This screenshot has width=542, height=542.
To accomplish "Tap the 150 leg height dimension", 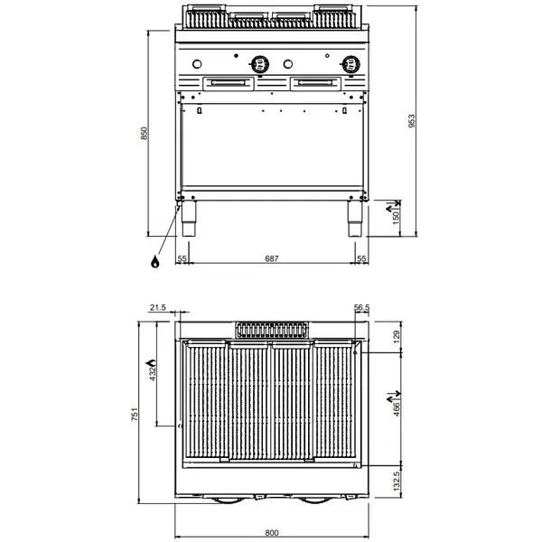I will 395,216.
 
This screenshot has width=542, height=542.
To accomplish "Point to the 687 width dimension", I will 271,259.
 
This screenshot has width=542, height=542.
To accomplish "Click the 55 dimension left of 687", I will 182,259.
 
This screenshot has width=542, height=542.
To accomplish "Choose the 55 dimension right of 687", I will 362,259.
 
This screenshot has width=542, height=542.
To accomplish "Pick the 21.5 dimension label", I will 157,309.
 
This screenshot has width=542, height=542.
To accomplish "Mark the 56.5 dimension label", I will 362,309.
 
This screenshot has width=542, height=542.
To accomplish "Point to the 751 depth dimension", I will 134,415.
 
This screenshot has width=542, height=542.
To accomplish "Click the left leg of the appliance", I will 189,220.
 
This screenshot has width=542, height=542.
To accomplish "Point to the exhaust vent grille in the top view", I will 271,329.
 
